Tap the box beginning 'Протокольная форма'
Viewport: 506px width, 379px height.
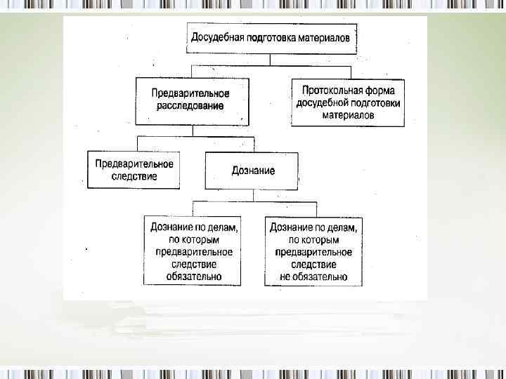pos(348,102)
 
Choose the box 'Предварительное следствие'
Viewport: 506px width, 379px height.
pos(134,170)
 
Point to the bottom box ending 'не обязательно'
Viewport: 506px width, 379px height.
pos(313,251)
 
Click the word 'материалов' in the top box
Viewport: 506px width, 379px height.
pos(322,38)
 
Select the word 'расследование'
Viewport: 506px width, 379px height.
pos(190,106)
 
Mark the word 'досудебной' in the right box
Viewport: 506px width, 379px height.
pos(320,102)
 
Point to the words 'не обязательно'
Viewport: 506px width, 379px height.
pos(313,277)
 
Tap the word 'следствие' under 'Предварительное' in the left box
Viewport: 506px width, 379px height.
pos(134,176)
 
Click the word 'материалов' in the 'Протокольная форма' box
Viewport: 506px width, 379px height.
pos(348,114)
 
